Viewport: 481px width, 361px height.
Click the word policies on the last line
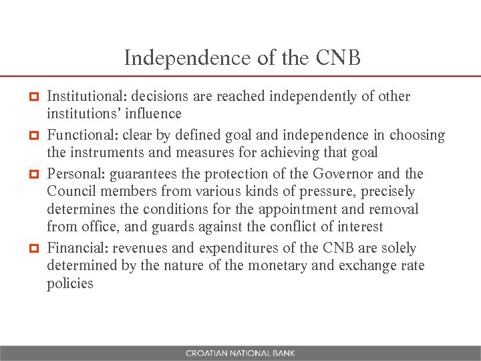tap(70, 283)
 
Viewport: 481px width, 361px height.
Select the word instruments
tap(108, 152)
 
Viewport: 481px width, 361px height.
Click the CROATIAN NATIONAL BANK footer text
tap(240, 353)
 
